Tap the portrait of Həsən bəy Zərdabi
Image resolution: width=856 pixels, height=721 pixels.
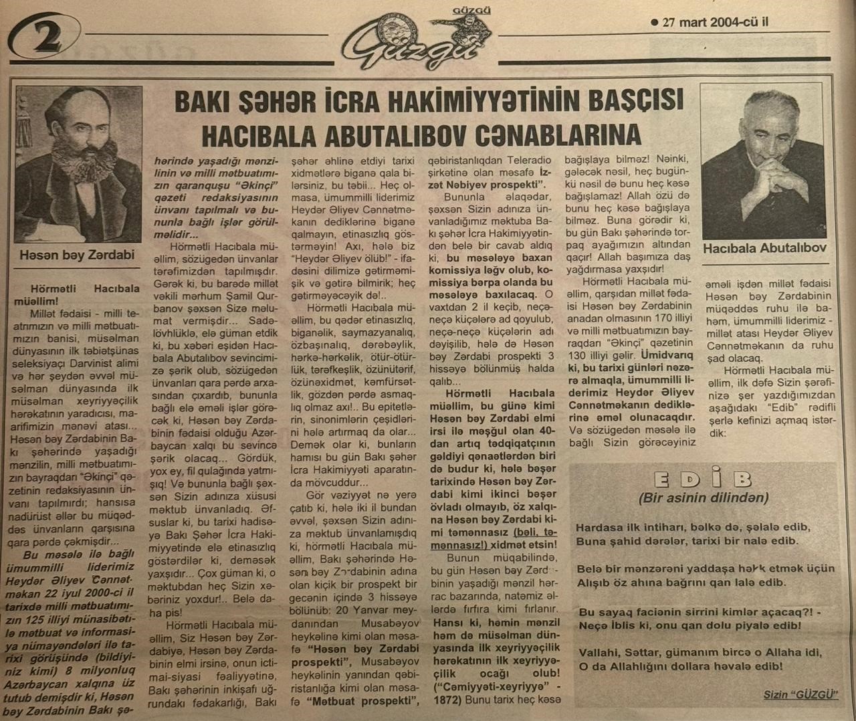78,164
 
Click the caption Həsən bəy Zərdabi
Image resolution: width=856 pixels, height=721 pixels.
77,255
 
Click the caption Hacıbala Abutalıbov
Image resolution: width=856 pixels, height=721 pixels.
764,248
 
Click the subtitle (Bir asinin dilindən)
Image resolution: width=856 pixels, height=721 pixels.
704,498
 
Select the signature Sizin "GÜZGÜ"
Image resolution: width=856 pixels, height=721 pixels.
800,695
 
